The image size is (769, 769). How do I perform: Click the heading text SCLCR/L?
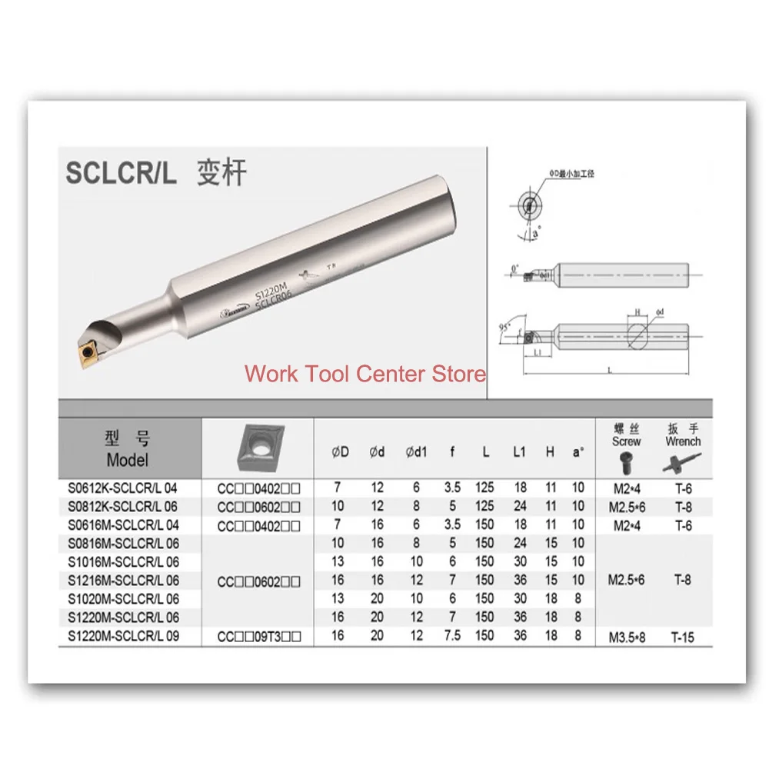click(x=121, y=172)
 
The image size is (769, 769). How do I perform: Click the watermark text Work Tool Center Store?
click(x=365, y=375)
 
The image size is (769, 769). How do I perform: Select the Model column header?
click(x=128, y=450)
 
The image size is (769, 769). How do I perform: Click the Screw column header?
click(x=626, y=441)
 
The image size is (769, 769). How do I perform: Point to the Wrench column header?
click(x=683, y=441)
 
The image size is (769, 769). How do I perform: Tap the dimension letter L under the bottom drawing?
click(x=609, y=370)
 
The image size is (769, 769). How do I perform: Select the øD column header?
click(x=341, y=452)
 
